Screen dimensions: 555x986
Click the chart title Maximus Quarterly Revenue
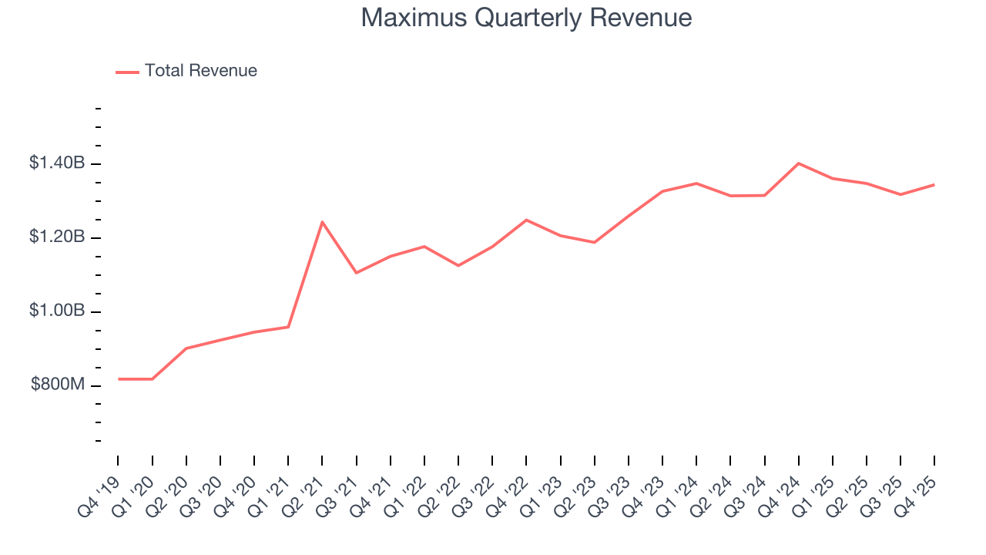(526, 18)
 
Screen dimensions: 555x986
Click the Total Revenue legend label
(200, 71)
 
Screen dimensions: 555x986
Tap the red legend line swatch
(127, 72)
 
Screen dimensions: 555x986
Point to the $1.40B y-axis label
(57, 163)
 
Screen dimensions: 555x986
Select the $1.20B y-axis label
(57, 237)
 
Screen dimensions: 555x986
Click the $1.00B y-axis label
(57, 311)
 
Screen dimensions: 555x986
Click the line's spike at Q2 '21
(322, 222)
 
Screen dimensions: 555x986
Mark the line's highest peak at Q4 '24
(799, 163)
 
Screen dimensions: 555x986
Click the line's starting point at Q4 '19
(119, 379)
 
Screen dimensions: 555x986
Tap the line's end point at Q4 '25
(934, 184)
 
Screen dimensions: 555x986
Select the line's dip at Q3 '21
(356, 273)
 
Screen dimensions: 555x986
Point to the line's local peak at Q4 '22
(526, 220)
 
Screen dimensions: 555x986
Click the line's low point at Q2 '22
(458, 266)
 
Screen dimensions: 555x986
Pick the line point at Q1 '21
(288, 327)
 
